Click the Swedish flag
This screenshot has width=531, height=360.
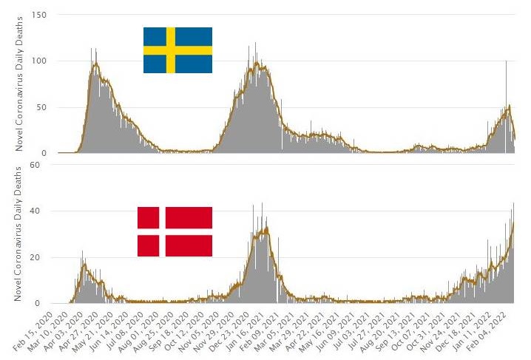click(x=177, y=50)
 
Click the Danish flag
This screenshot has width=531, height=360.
click(x=175, y=231)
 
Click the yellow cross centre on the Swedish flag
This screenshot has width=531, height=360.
click(x=170, y=50)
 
